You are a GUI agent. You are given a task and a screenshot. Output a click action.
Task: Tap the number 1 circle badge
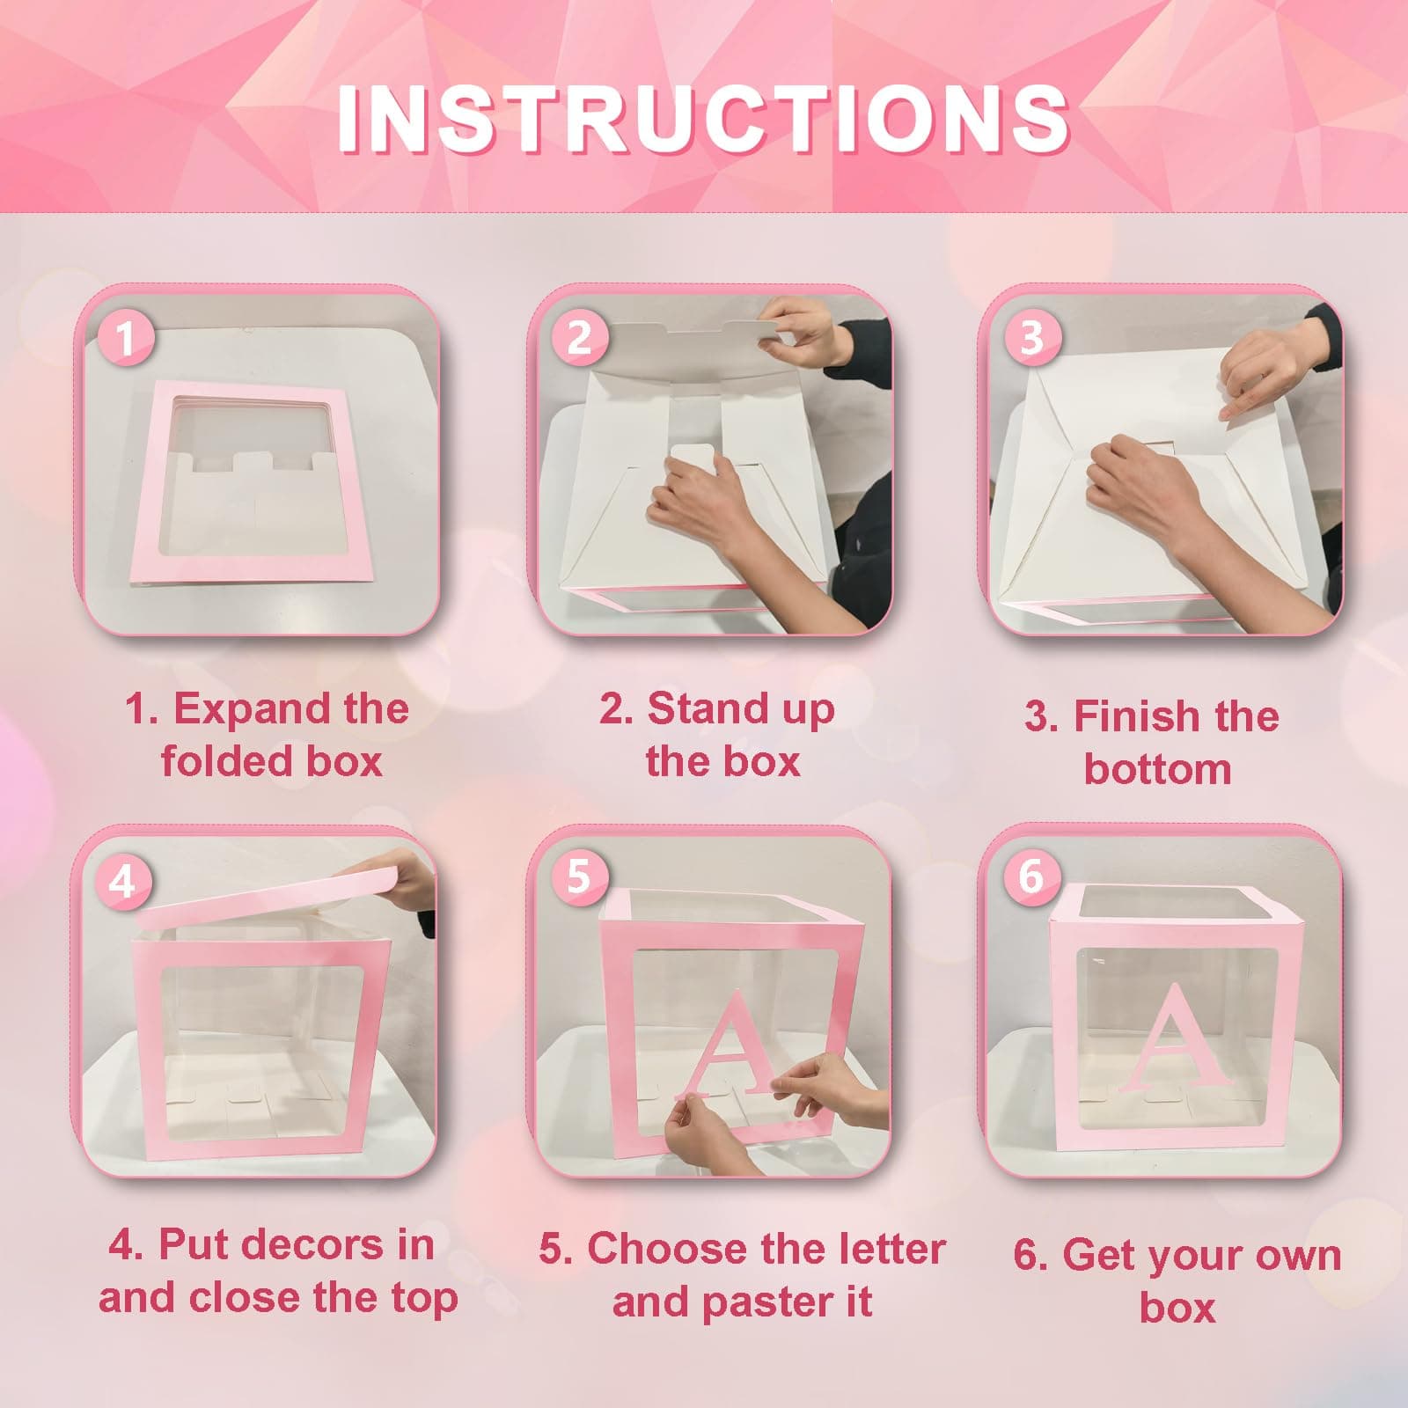pyautogui.click(x=126, y=339)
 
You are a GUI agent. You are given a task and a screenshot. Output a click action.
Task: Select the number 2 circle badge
pyautogui.click(x=578, y=338)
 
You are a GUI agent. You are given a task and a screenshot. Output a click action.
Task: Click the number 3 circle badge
pyautogui.click(x=1031, y=337)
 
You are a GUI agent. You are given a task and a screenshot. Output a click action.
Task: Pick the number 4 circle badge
pyautogui.click(x=122, y=881)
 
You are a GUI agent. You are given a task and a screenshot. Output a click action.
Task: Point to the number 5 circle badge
pyautogui.click(x=578, y=876)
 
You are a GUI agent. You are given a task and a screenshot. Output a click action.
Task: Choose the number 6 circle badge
pyautogui.click(x=1030, y=876)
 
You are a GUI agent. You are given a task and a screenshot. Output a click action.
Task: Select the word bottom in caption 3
pyautogui.click(x=1157, y=769)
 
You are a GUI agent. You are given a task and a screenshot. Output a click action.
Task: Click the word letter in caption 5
pyautogui.click(x=889, y=1248)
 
